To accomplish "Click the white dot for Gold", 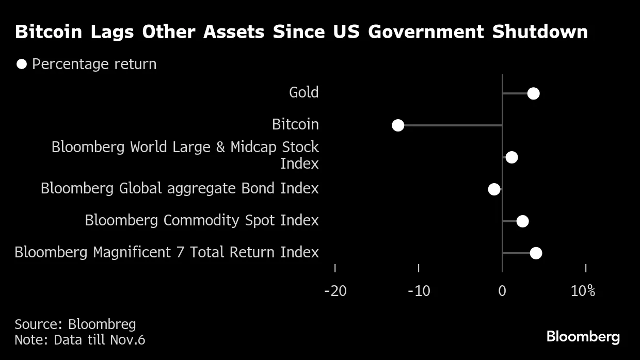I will [533, 93].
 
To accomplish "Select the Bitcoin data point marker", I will [398, 125].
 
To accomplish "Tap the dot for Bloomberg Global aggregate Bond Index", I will [494, 189].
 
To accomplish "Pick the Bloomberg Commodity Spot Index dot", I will [522, 221].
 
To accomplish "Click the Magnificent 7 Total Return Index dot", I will [536, 253].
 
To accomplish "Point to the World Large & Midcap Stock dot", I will [511, 157].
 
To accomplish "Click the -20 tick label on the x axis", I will [335, 291].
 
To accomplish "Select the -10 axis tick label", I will [419, 291].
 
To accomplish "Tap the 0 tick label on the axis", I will [502, 291].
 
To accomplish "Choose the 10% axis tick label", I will [583, 291].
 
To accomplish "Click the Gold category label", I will [303, 93].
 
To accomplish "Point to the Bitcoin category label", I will [295, 125].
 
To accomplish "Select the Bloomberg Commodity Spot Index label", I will [202, 221].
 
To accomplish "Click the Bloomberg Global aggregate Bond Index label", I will [180, 189].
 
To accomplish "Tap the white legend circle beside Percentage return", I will [22, 64].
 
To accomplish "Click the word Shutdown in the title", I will [540, 32].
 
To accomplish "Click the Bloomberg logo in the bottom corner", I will [583, 337].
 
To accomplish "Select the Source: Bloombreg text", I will [75, 324].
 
